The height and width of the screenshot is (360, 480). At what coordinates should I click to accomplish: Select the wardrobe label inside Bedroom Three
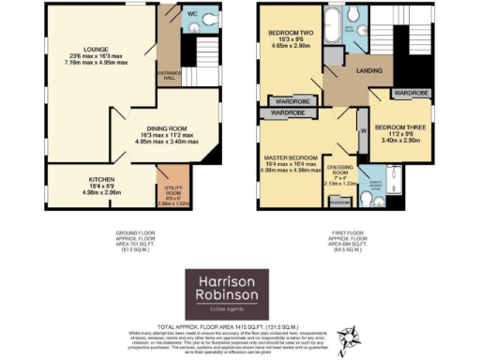[412, 94]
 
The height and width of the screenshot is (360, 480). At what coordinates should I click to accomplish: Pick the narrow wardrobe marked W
[361, 132]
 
